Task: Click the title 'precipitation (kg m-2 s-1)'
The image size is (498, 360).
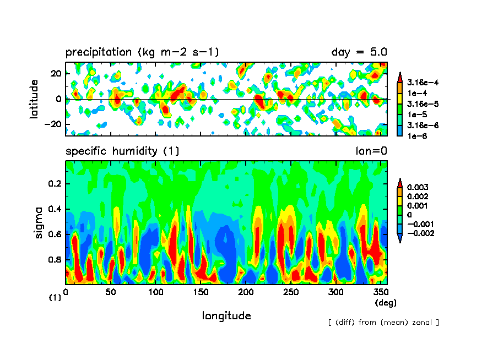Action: point(142,52)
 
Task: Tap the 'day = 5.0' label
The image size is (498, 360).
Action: point(359,52)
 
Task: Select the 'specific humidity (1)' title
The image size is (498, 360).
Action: point(122,151)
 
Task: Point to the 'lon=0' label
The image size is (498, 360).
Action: point(371,151)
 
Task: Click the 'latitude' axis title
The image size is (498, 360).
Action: point(35,99)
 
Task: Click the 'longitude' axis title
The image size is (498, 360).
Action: point(226,316)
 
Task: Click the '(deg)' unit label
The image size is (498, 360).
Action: point(385,303)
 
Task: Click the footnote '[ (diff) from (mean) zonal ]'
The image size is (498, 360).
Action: point(383,322)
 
